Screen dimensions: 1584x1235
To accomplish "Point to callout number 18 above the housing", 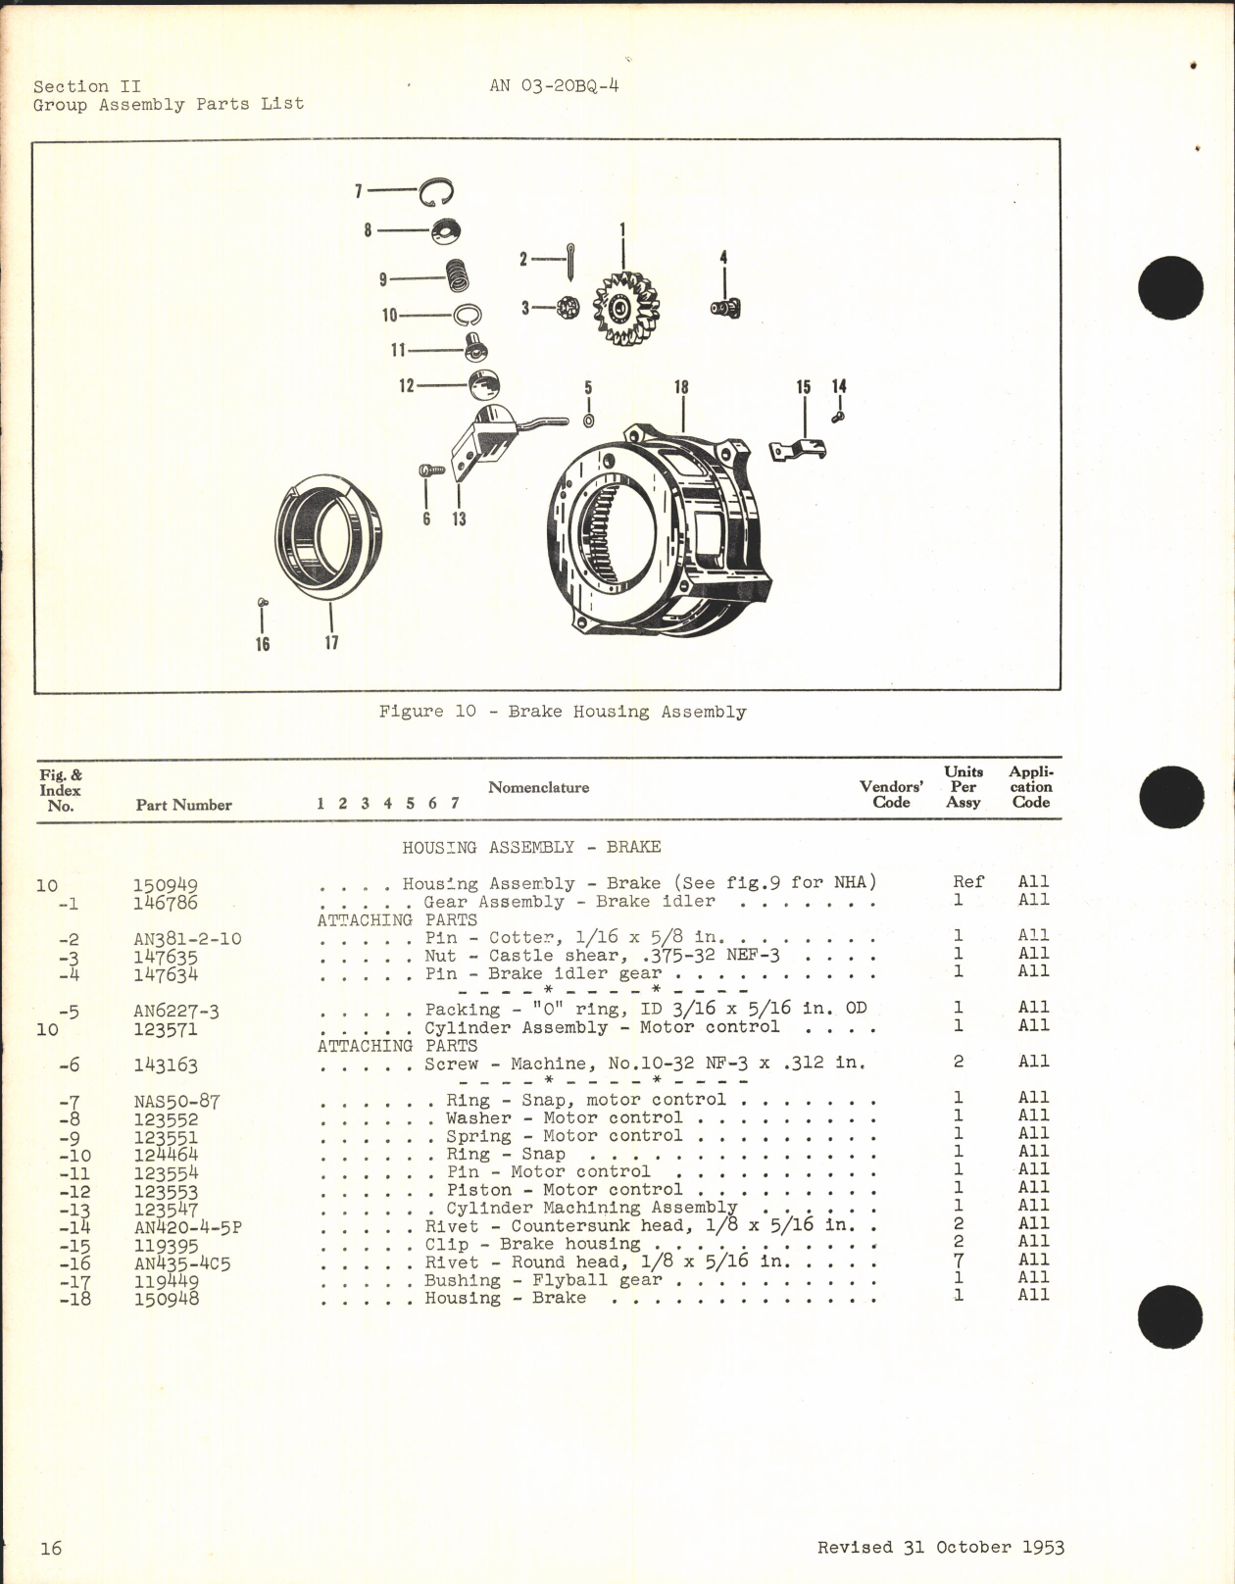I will [681, 387].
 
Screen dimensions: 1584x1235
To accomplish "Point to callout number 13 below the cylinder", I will [459, 519].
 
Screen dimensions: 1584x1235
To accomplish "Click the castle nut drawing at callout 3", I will [566, 308].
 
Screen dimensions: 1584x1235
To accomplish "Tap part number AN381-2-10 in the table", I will [187, 938].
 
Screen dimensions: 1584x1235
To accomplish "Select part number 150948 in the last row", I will [166, 1299].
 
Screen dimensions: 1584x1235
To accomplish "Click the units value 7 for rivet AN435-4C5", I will [959, 1260].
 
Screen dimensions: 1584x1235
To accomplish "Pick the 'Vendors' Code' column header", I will [891, 794].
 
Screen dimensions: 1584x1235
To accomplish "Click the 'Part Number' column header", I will [183, 805].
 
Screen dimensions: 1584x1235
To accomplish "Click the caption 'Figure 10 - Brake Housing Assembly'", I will [562, 712].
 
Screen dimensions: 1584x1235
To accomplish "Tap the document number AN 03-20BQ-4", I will [554, 85].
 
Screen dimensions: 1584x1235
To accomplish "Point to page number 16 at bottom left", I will [51, 1548].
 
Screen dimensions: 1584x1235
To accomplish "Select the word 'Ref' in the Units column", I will [967, 882].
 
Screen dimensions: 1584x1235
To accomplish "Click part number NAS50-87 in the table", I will [176, 1101].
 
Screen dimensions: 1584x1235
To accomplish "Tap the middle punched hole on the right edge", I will [1170, 796].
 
